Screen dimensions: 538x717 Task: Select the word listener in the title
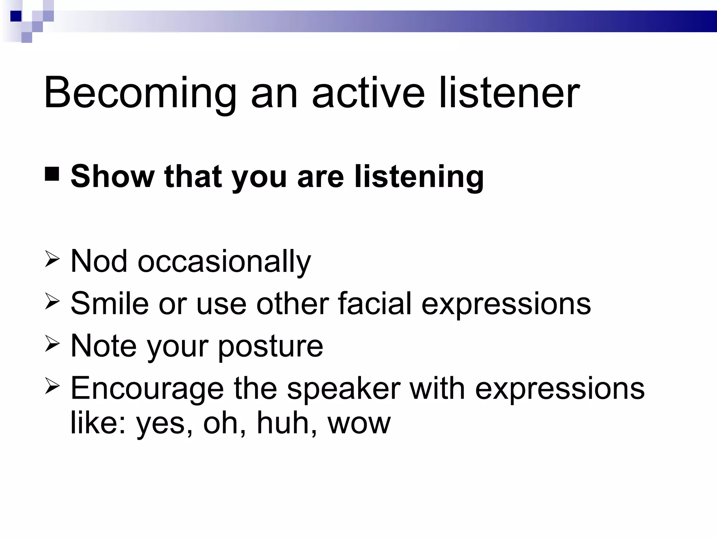[x=509, y=93]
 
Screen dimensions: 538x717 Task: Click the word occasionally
[x=224, y=263]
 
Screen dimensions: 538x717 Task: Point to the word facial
[x=375, y=303]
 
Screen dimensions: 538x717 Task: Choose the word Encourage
[x=147, y=389]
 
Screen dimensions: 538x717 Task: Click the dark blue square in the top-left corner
[x=16, y=16]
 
